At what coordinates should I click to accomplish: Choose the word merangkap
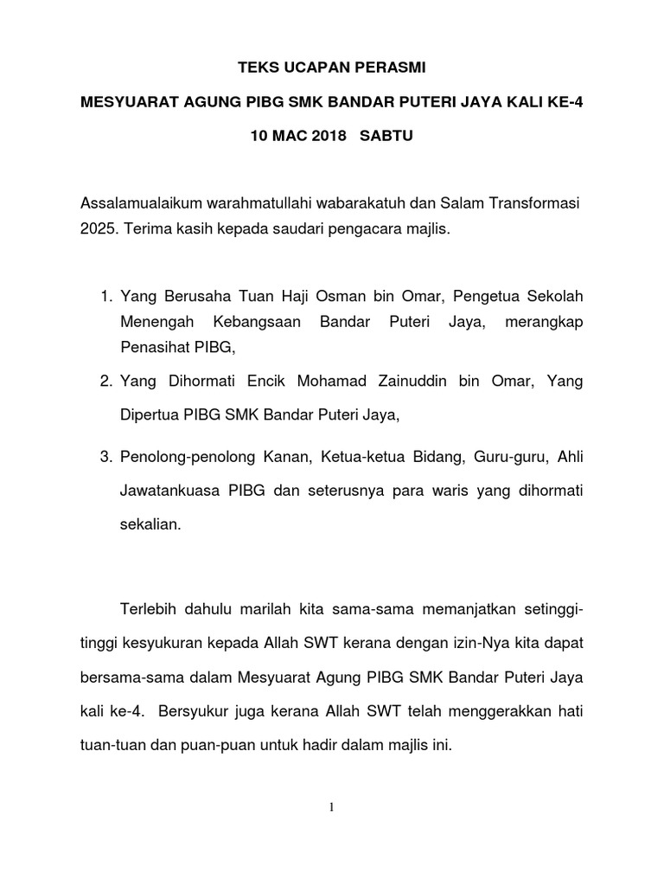[541, 322]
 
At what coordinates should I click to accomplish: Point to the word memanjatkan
[465, 611]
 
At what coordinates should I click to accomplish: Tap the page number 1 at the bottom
[331, 808]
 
